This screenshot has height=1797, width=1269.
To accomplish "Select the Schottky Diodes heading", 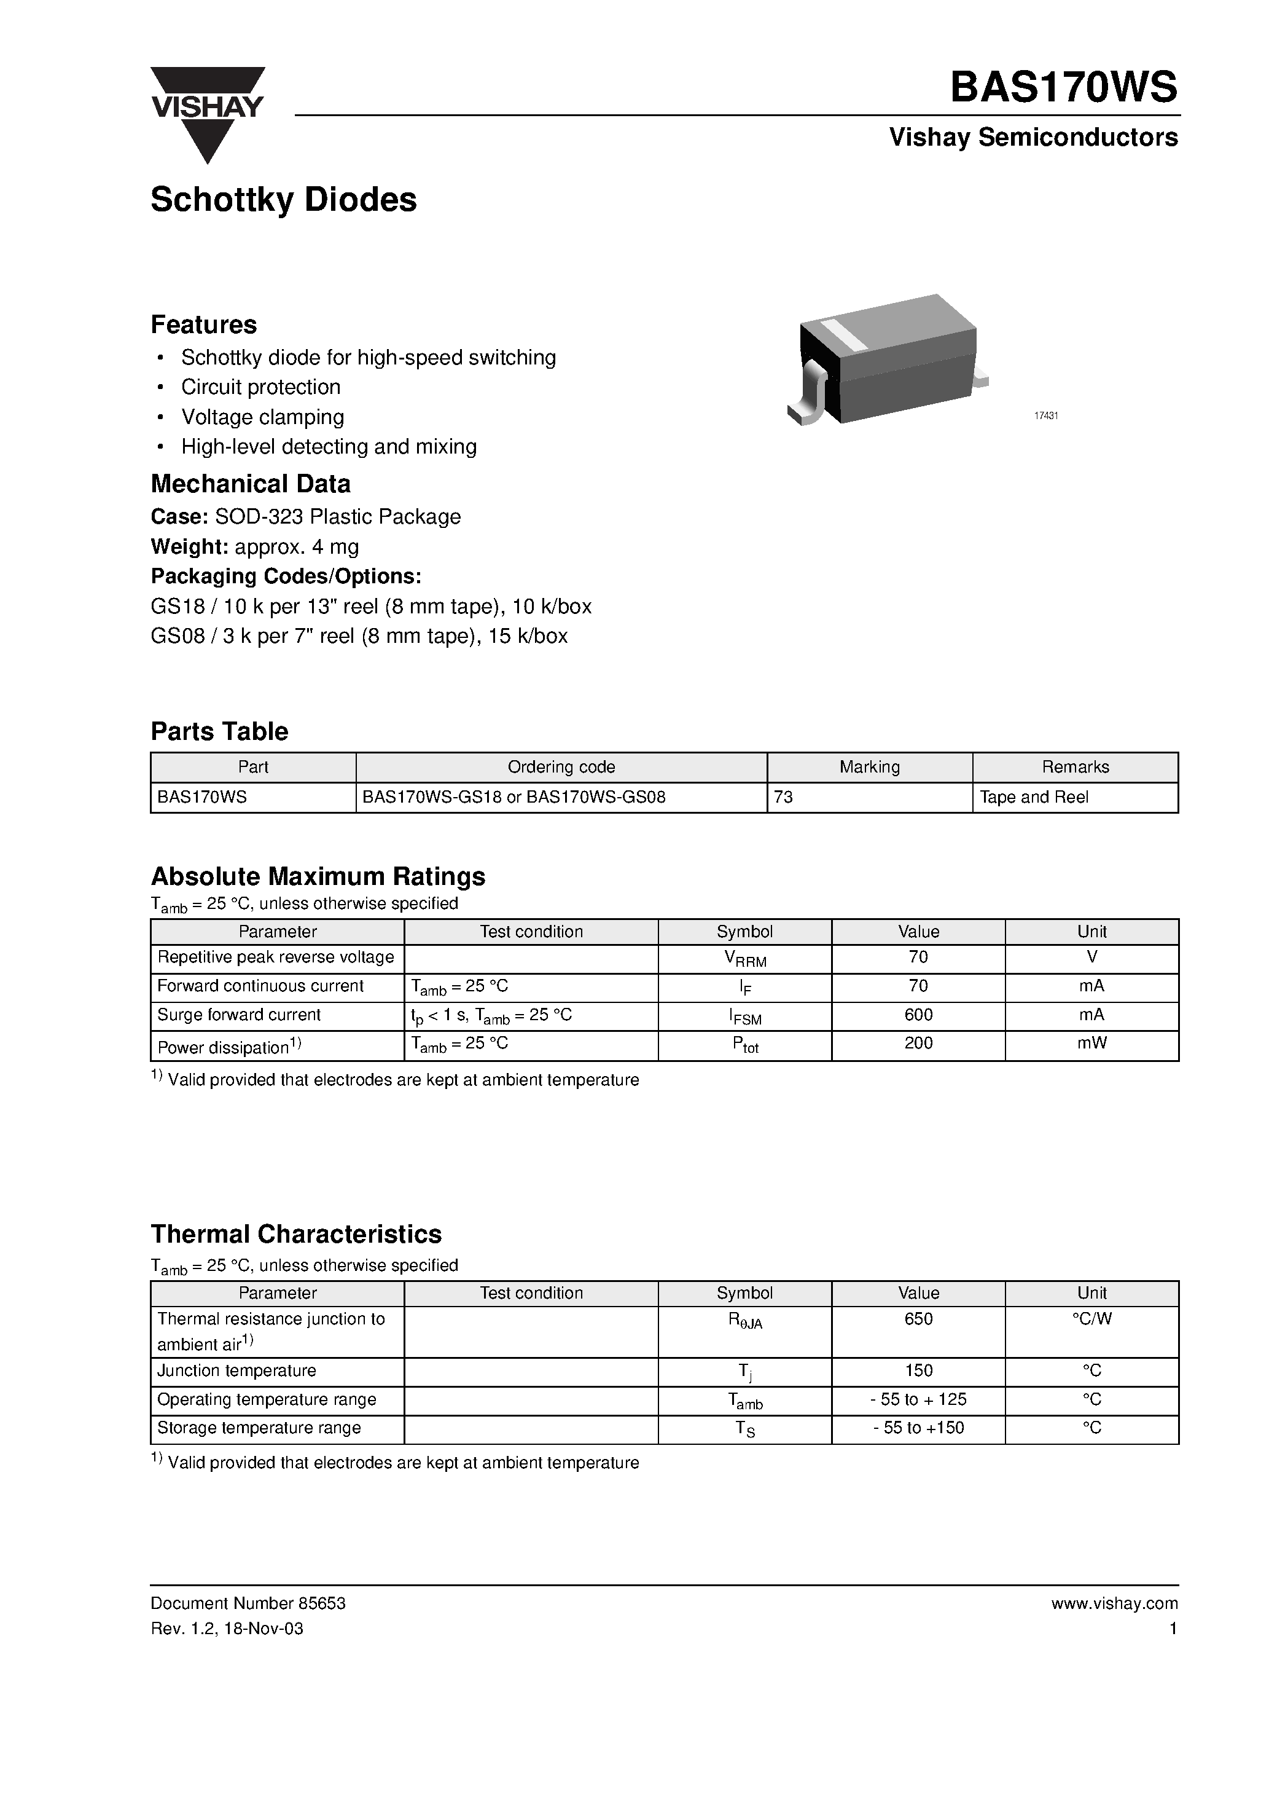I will (283, 200).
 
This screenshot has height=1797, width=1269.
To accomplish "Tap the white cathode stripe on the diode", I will (846, 335).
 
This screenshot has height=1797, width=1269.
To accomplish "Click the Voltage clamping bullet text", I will (262, 417).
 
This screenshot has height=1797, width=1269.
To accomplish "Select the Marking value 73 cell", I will (783, 796).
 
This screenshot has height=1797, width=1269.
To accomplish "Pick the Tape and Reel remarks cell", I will (1034, 796).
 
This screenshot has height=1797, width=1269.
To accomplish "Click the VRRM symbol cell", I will (745, 959).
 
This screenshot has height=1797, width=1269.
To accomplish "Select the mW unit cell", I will (1091, 1044).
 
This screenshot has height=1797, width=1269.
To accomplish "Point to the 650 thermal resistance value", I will (918, 1319).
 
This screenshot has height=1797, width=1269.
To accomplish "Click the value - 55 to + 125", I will (918, 1399).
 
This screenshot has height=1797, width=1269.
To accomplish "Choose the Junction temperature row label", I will (236, 1371).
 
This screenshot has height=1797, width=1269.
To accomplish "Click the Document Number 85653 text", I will (248, 1603).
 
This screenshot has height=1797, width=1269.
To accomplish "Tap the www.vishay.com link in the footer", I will (1114, 1603).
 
